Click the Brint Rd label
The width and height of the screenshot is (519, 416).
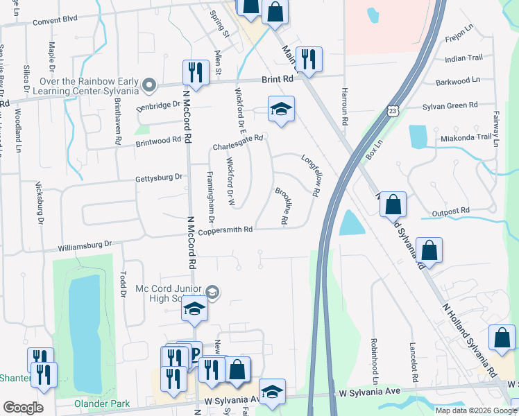278,80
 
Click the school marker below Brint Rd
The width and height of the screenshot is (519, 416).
281,110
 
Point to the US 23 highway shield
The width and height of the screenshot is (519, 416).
393,111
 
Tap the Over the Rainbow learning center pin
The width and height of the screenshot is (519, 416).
148,85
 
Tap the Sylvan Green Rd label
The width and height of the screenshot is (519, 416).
450,105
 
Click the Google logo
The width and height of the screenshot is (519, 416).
23,408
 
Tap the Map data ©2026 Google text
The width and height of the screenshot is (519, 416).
476,410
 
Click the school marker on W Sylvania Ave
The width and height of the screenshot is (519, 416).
272,392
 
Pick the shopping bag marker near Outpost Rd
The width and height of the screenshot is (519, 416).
393,205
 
